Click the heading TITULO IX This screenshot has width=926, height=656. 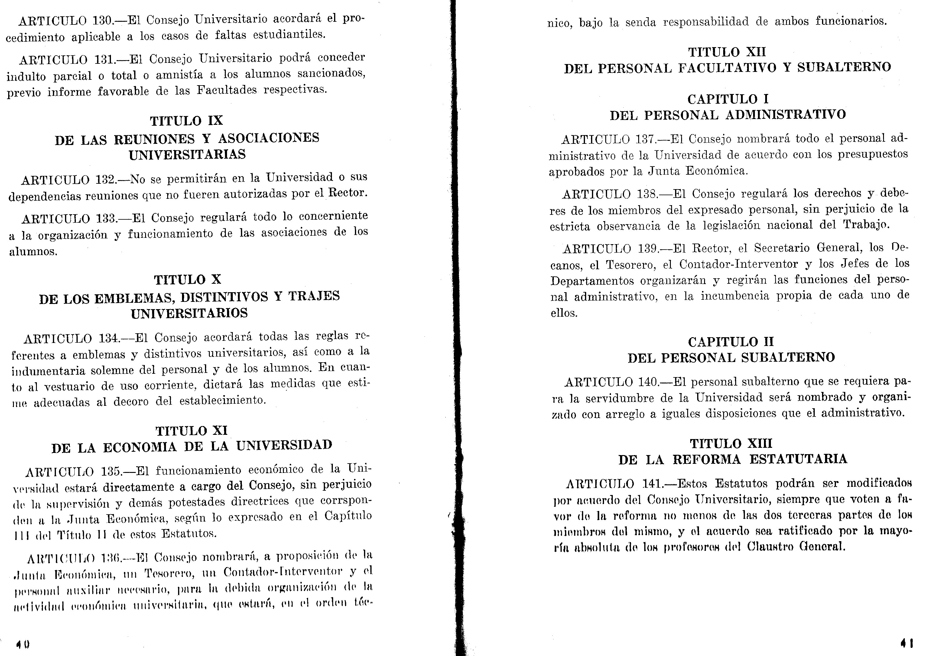(x=186, y=121)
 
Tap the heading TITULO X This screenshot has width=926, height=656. (x=187, y=280)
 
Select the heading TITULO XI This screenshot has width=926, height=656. (x=192, y=431)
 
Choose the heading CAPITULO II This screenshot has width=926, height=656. (x=731, y=342)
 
